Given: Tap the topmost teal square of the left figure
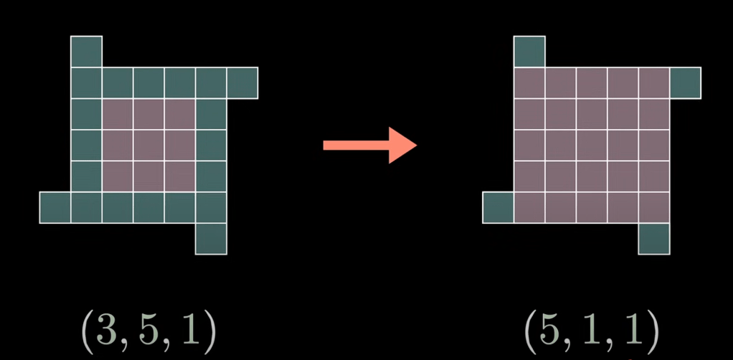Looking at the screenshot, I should pos(86,51).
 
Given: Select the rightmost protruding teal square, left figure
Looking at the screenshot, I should pos(242,82).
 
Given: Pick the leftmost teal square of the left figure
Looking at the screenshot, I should pos(55,207).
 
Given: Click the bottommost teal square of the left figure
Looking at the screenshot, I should pos(211,239).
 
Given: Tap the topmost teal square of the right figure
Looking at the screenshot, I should pos(529,51).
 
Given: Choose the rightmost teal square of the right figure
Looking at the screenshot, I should pos(685,82).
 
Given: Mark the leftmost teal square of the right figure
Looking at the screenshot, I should pos(498,207).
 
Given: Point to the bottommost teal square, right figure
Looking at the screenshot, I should pos(654,239).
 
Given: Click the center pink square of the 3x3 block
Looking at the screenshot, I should pos(148,145).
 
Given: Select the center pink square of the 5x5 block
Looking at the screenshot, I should pos(592,145).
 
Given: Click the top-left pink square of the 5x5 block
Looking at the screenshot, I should pos(529,82).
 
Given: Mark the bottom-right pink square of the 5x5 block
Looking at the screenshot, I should pos(654,207).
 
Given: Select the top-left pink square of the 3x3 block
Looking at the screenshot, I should pos(118,113).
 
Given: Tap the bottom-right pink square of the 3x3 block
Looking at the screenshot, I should pos(179,176).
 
